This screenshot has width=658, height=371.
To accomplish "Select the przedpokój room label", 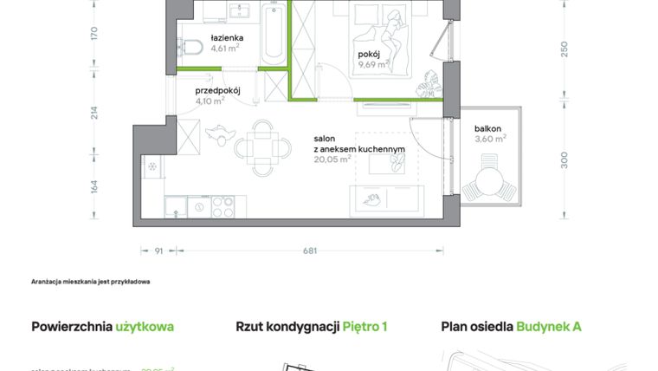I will [x=216, y=89].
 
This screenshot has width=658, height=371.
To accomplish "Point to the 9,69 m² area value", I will [x=374, y=64].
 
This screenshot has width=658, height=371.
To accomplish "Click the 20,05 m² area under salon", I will [x=332, y=159].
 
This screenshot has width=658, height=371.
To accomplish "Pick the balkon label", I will [x=487, y=128].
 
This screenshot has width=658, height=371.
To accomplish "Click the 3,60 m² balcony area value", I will [x=490, y=138].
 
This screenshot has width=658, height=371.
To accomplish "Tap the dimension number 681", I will [x=310, y=251].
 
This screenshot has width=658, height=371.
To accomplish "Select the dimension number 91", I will [x=158, y=251].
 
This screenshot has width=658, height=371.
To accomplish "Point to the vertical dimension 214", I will [x=94, y=113].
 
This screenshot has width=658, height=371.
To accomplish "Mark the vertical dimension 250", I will [x=564, y=49].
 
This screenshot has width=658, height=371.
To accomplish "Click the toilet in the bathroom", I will [x=191, y=47].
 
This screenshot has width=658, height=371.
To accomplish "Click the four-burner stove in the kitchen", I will [x=223, y=207].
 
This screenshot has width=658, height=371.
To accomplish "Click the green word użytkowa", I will [x=145, y=327].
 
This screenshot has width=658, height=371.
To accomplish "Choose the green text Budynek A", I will [x=549, y=327].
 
